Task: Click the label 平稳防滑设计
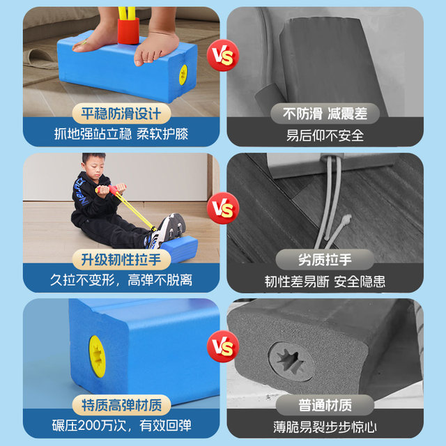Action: click(120, 114)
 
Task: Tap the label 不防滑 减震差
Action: click(325, 114)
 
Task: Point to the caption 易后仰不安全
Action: click(325, 135)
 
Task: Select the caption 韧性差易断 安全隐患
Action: click(325, 281)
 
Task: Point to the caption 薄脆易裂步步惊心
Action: click(325, 425)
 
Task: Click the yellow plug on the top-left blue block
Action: click(183, 75)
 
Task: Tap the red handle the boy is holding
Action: click(113, 190)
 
